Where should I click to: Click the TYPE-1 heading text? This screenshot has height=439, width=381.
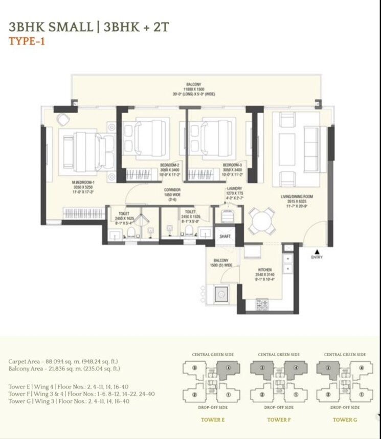pyautogui.click(x=27, y=41)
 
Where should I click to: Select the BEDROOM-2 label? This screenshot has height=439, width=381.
pyautogui.click(x=170, y=165)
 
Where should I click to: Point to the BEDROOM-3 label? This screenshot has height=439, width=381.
pyautogui.click(x=233, y=165)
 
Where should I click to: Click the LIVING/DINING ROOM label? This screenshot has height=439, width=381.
pyautogui.click(x=297, y=196)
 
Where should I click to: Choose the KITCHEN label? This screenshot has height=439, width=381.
pyautogui.click(x=264, y=270)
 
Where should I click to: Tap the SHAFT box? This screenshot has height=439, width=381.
pyautogui.click(x=225, y=236)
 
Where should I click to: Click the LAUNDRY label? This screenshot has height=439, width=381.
pyautogui.click(x=234, y=189)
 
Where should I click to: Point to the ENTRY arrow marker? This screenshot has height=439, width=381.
pyautogui.click(x=317, y=251)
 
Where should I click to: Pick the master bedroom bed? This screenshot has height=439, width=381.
pyautogui.click(x=86, y=151)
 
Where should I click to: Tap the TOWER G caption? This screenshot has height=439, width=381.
pyautogui.click(x=345, y=420)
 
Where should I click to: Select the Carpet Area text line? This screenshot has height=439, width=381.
pyautogui.click(x=64, y=362)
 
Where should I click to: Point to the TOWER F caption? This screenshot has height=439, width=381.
pyautogui.click(x=279, y=420)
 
